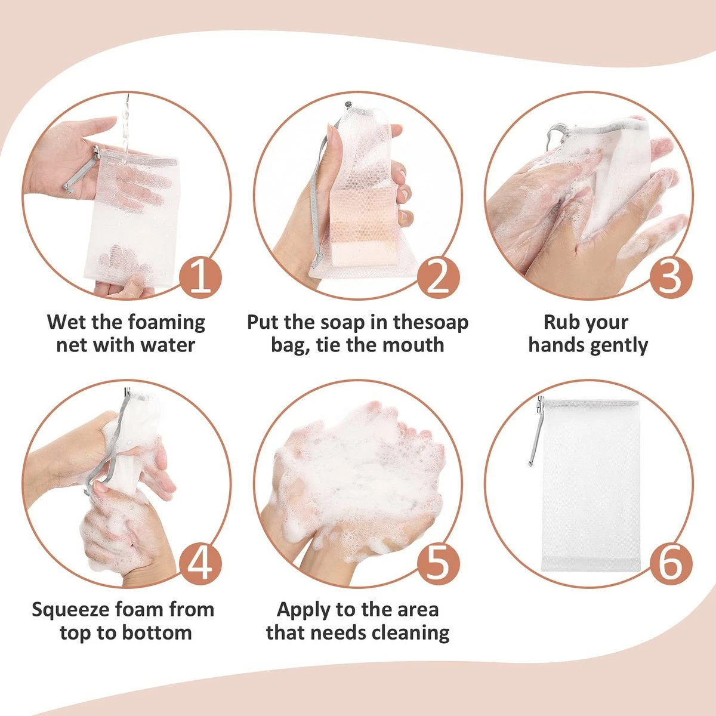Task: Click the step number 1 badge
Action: click(x=200, y=276)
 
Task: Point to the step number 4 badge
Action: click(x=200, y=563)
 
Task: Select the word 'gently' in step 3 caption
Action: click(x=619, y=345)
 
